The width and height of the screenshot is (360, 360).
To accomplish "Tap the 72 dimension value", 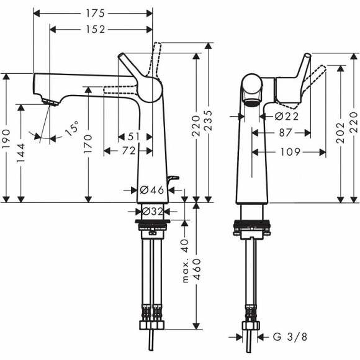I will (129, 151).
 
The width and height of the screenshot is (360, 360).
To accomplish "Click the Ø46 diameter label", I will (151, 190).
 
